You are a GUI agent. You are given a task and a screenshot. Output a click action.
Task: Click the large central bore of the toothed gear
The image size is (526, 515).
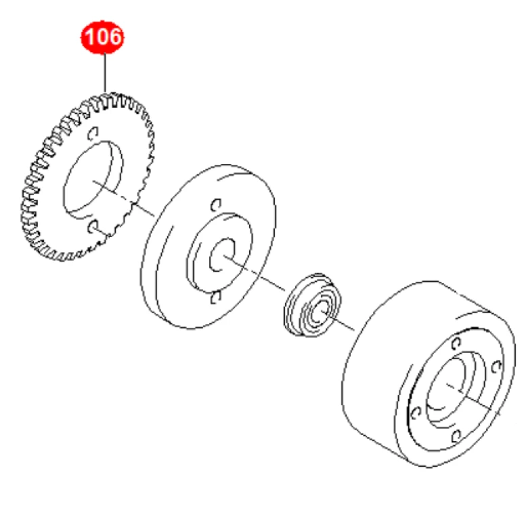pos(94,177)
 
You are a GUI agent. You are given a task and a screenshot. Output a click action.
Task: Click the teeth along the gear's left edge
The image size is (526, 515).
pos(28,197)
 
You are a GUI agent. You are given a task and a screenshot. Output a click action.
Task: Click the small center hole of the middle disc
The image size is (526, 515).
pos(220,255)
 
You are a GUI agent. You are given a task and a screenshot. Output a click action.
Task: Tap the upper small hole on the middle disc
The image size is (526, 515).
pos(215,204)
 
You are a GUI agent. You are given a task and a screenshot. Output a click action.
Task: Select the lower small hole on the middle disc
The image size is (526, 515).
pos(215,297)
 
